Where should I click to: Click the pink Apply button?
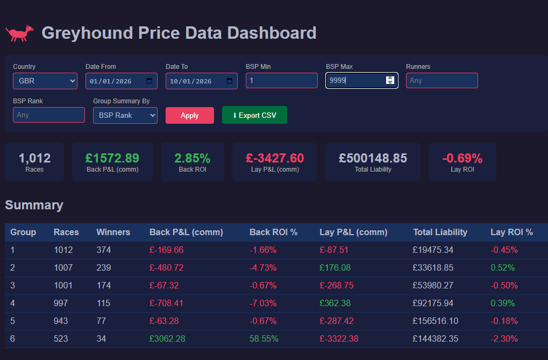click(189, 115)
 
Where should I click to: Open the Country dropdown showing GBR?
click(45, 81)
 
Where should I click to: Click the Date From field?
click(121, 81)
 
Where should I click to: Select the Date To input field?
click(201, 81)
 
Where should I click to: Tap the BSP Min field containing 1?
click(281, 81)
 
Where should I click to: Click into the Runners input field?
click(442, 81)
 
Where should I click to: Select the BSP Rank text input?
click(48, 115)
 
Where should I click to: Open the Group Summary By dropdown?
click(125, 115)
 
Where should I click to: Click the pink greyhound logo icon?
click(19, 33)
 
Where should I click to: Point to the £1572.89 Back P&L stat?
click(112, 158)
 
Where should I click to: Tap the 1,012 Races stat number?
click(34, 158)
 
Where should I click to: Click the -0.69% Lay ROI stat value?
click(462, 158)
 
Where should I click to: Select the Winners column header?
click(113, 232)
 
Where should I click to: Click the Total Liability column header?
click(440, 232)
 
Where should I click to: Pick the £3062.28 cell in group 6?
click(167, 338)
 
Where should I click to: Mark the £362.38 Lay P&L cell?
click(335, 303)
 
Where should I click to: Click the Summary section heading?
click(34, 205)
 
